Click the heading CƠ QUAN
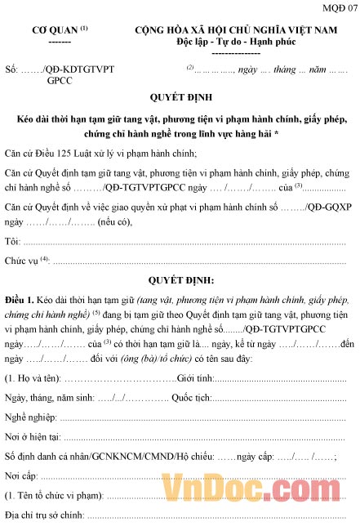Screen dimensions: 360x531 tap(55, 29)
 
